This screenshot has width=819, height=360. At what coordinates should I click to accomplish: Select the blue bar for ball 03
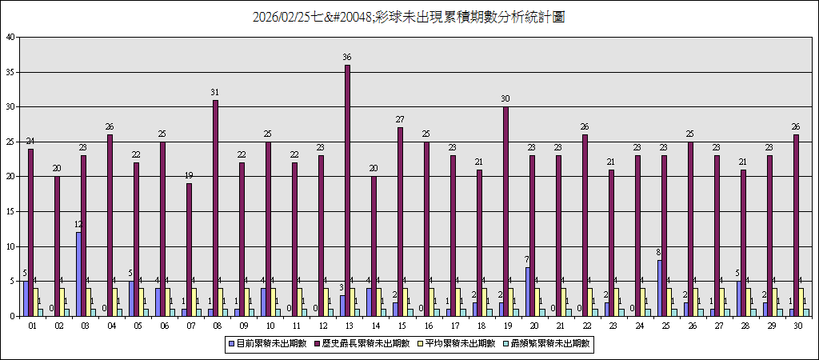pyautogui.click(x=79, y=274)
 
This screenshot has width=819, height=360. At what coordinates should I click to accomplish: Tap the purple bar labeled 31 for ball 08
pyautogui.click(x=215, y=208)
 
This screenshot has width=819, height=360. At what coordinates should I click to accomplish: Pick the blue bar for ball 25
pyautogui.click(x=660, y=288)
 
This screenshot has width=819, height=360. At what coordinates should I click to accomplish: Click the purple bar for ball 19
pyautogui.click(x=506, y=211)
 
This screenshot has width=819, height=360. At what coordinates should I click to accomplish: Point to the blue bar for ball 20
pyautogui.click(x=528, y=291)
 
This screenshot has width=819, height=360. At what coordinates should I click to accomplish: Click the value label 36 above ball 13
pyautogui.click(x=347, y=58)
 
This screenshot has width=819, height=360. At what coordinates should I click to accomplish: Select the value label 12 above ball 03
pyautogui.click(x=78, y=225)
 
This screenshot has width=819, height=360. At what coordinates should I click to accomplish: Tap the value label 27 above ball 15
pyautogui.click(x=400, y=120)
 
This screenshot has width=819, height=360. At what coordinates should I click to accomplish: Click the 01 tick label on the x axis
pyautogui.click(x=33, y=326)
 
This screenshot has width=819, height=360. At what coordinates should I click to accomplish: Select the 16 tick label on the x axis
pyautogui.click(x=429, y=326)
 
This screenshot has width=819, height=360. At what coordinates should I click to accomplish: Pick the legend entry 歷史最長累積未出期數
pyautogui.click(x=369, y=343)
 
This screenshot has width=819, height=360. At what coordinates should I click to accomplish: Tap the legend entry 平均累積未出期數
pyautogui.click(x=463, y=343)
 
